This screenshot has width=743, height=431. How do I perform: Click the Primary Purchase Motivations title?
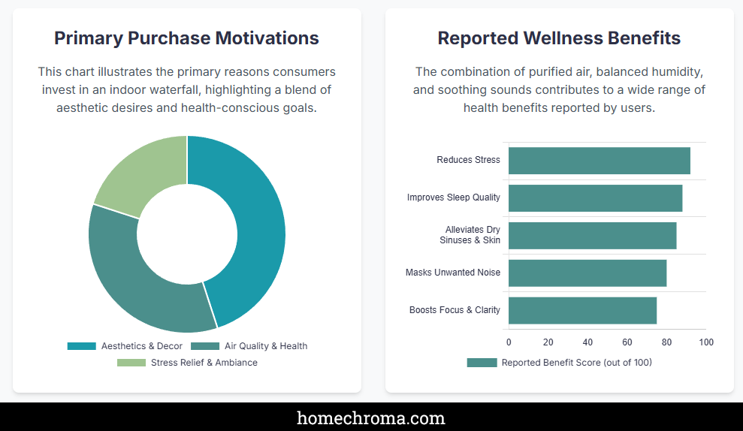pyautogui.click(x=186, y=38)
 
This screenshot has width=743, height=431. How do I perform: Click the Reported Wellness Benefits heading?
pyautogui.click(x=559, y=38)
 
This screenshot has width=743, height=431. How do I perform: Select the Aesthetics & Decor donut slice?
pyautogui.click(x=252, y=218)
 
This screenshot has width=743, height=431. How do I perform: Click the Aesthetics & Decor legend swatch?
pyautogui.click(x=82, y=346)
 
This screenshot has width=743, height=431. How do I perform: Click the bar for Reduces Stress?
pyautogui.click(x=599, y=161)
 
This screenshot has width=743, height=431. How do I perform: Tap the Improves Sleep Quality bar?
pyautogui.click(x=595, y=198)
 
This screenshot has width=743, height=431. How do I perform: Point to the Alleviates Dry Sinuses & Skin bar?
pyautogui.click(x=592, y=235)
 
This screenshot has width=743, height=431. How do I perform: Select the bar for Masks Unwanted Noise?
pyautogui.click(x=587, y=273)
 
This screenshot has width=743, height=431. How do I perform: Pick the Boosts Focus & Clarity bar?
pyautogui.click(x=582, y=310)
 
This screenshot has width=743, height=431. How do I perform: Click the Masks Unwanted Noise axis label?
pyautogui.click(x=452, y=273)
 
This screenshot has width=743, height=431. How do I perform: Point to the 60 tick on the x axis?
pyautogui.click(x=627, y=342)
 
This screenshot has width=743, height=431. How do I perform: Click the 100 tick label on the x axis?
pyautogui.click(x=706, y=342)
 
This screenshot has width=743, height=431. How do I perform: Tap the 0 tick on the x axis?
pyautogui.click(x=509, y=342)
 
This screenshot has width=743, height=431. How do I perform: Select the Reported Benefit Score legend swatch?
pyautogui.click(x=482, y=363)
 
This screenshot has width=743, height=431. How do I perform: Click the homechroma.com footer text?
pyautogui.click(x=371, y=418)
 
